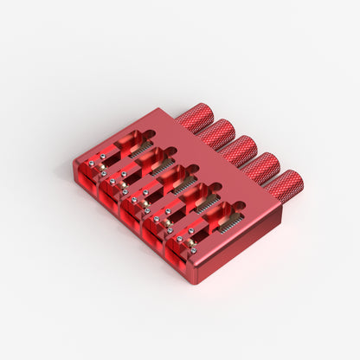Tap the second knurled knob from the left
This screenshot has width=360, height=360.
(x=216, y=133)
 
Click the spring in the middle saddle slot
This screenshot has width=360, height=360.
(x=183, y=184)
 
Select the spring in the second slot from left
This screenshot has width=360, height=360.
(x=162, y=166)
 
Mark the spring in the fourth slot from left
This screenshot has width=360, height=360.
(x=206, y=204)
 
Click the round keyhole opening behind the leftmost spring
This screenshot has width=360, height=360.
(x=151, y=135)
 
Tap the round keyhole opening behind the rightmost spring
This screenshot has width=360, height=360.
(x=239, y=206)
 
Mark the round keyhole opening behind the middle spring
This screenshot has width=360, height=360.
(x=194, y=170)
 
